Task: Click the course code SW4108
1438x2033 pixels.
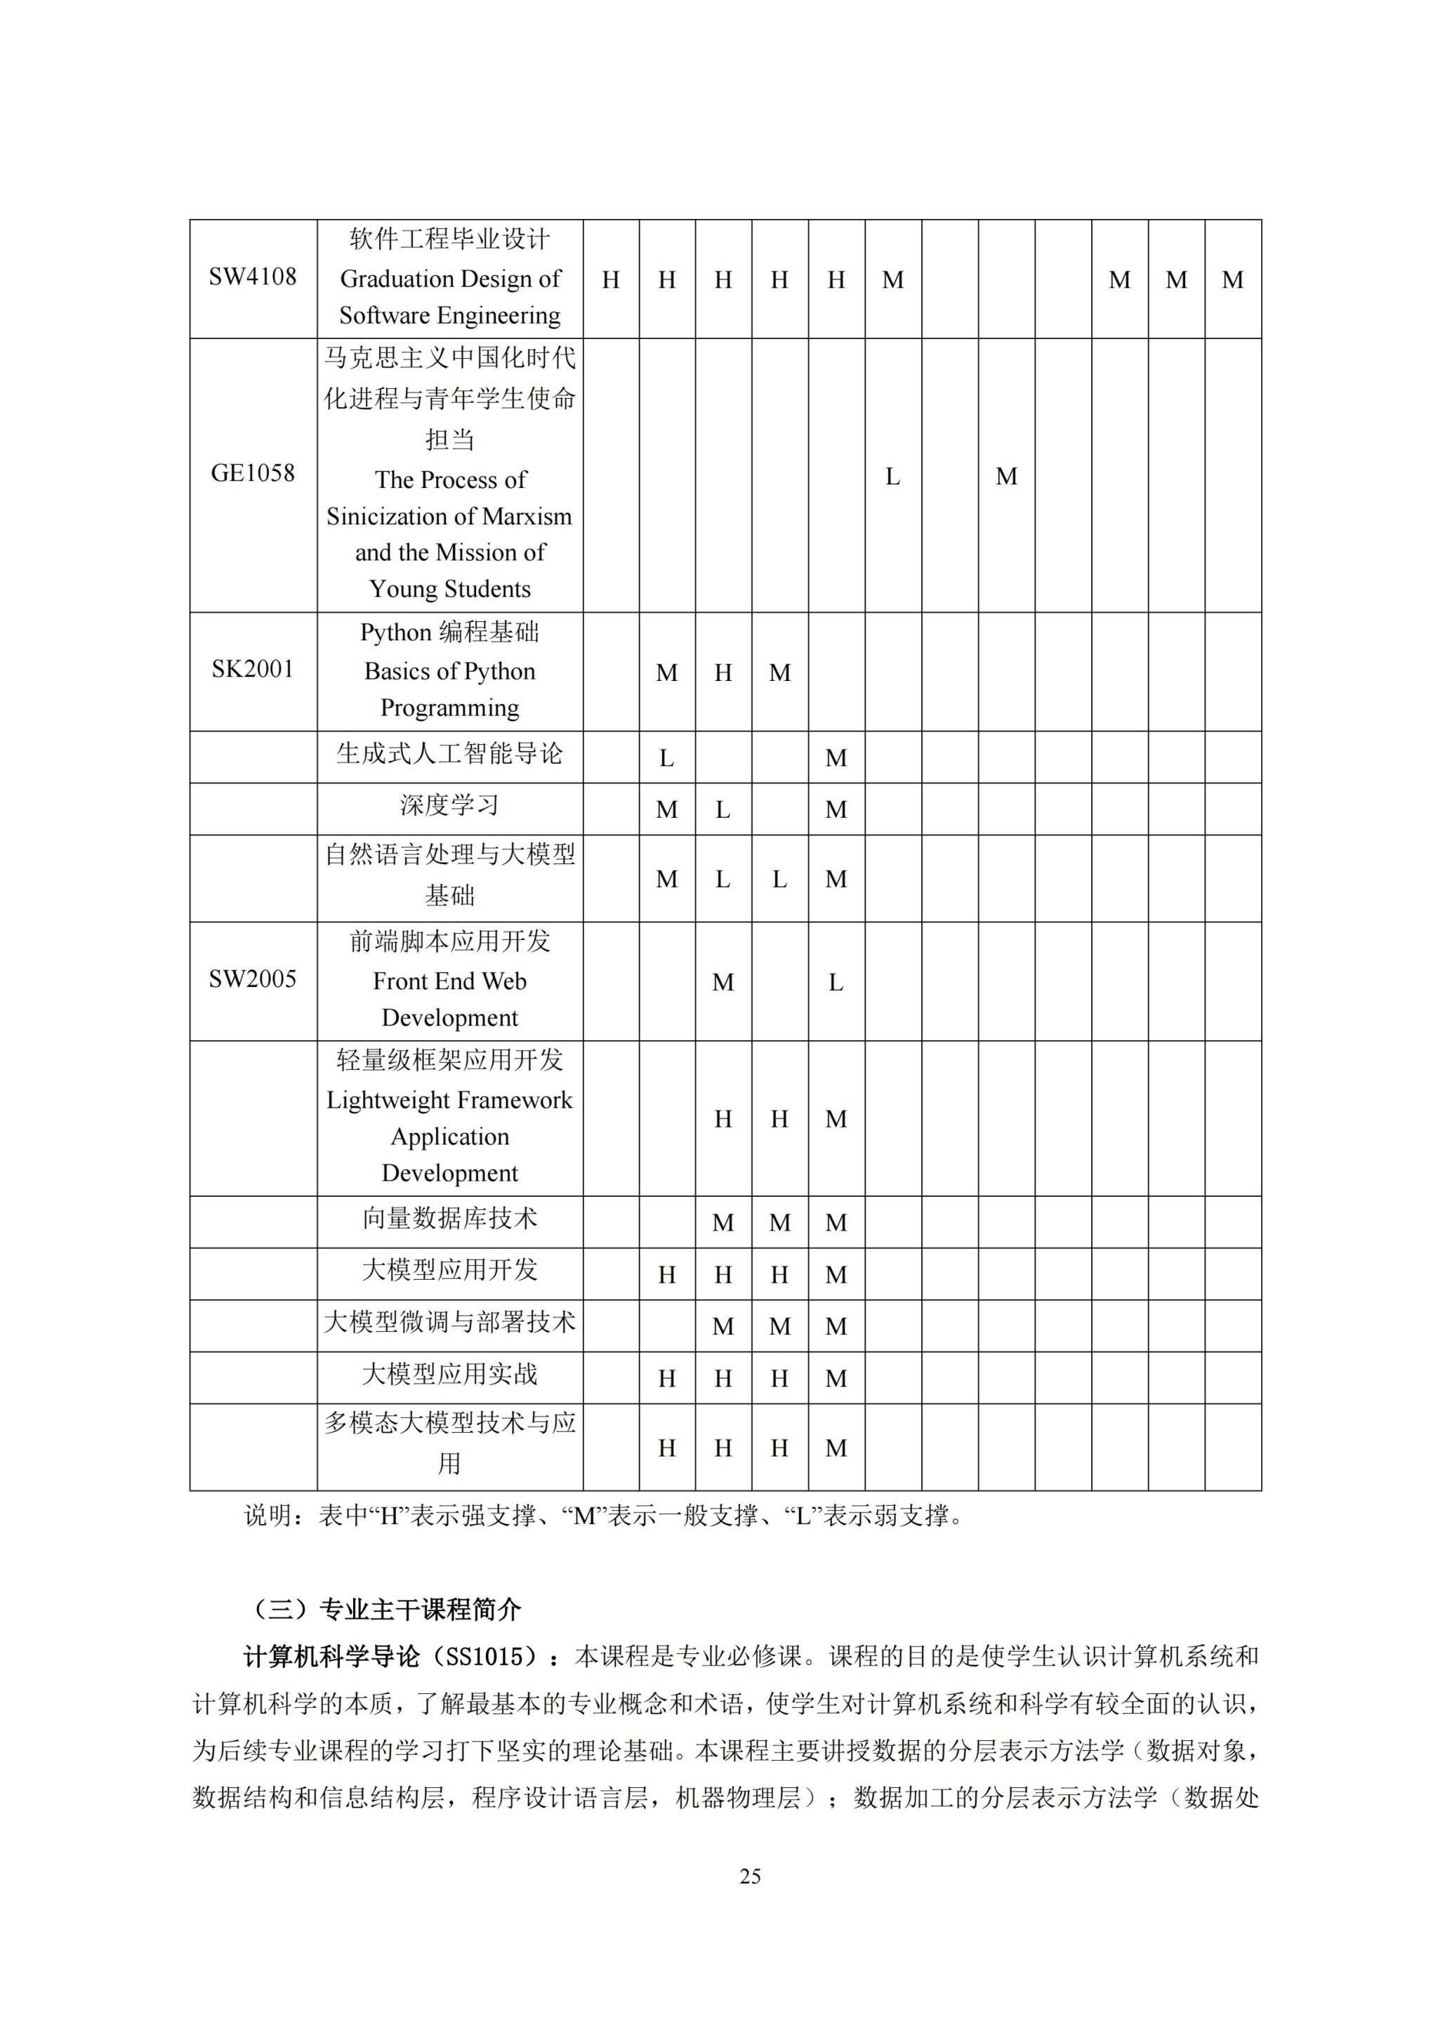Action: (252, 277)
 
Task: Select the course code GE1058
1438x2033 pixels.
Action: (252, 474)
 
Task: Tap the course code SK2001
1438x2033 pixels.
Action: (252, 670)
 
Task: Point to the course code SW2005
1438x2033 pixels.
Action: (252, 979)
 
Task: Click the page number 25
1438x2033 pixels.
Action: (750, 1876)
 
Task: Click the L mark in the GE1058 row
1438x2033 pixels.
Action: (892, 477)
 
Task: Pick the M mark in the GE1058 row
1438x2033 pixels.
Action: (1006, 477)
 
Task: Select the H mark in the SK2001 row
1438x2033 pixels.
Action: (723, 674)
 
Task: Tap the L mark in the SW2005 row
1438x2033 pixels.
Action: (836, 983)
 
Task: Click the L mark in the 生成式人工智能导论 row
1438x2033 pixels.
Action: (667, 759)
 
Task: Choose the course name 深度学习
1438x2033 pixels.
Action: (450, 806)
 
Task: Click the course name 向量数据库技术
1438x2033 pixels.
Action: (450, 1219)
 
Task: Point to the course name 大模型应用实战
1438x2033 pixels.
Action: (450, 1375)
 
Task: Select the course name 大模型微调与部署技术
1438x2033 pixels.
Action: (450, 1323)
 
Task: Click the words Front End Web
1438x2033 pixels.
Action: (450, 981)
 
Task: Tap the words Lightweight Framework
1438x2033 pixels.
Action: (450, 1101)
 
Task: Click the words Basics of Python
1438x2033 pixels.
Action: (450, 672)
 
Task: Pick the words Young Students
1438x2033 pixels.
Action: (450, 590)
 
